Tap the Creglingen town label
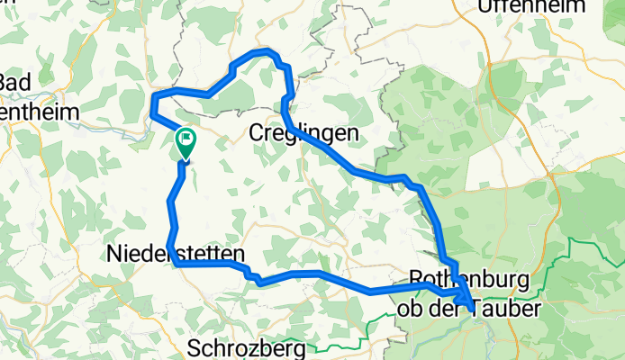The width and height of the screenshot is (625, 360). [x=302, y=133]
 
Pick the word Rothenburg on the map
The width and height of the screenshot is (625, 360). [x=469, y=277]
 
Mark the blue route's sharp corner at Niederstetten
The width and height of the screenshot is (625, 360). [x=176, y=265]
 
